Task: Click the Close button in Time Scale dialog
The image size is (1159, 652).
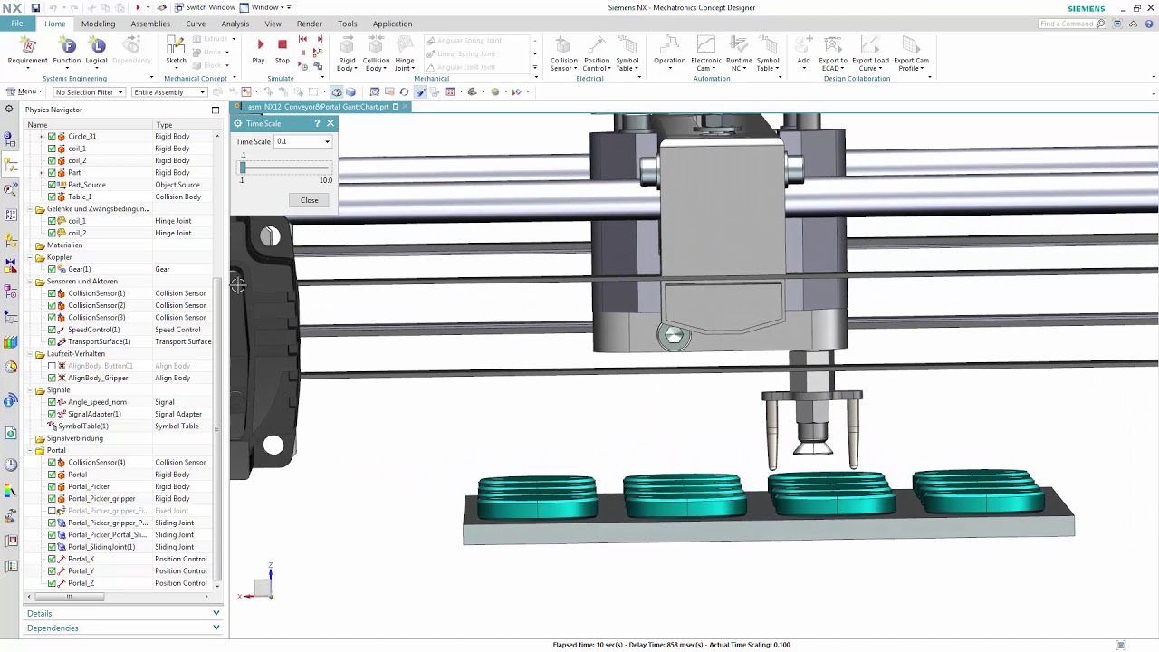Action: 309,200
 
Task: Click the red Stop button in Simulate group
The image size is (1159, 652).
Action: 283,45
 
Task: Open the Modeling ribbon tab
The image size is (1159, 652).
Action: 98,24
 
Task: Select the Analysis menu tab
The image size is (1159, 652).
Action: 235,24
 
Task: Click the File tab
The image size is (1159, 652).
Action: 17,24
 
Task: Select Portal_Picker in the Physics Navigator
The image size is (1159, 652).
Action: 88,486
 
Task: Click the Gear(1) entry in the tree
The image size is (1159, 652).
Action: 79,269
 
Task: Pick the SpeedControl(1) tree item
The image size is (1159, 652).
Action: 93,330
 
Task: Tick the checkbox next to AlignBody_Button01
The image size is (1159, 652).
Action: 52,366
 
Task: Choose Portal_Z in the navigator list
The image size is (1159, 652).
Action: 81,583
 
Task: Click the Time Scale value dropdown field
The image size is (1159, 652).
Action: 302,141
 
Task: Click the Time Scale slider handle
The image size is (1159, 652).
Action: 243,168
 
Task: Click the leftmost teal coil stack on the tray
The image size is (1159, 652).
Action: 537,498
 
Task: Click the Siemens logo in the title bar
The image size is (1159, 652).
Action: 1086,8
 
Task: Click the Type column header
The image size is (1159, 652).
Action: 164,125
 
